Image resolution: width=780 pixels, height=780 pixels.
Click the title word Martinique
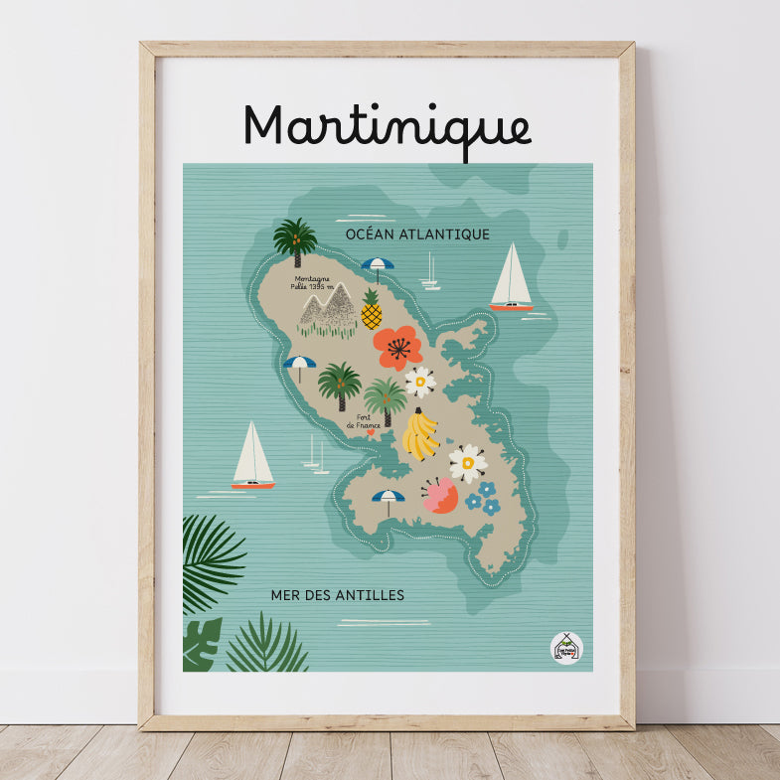[x=388, y=128]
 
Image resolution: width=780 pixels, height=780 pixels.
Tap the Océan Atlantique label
[x=417, y=234]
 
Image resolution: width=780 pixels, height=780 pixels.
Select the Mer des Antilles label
[x=337, y=595]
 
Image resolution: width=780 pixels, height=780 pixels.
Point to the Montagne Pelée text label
[x=311, y=282]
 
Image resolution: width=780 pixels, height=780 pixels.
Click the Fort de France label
[x=364, y=420]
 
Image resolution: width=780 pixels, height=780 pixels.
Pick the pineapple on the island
[x=372, y=310]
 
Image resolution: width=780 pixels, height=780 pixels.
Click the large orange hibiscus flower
[x=398, y=348]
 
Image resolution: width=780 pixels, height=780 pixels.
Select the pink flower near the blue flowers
[x=440, y=495]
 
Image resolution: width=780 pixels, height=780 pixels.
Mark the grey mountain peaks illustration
[x=328, y=308]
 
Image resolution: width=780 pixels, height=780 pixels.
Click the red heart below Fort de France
[x=371, y=432]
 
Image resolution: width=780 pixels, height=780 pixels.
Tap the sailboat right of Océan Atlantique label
[x=511, y=279]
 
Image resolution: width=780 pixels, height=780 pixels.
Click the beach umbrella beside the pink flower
[x=388, y=500]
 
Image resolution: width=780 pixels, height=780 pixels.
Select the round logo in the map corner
[x=566, y=647]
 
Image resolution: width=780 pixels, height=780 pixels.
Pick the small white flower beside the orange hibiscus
[x=420, y=382]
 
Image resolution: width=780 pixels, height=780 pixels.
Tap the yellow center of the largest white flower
[x=467, y=463]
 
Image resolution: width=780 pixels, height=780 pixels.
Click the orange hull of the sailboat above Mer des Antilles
[x=252, y=485]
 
